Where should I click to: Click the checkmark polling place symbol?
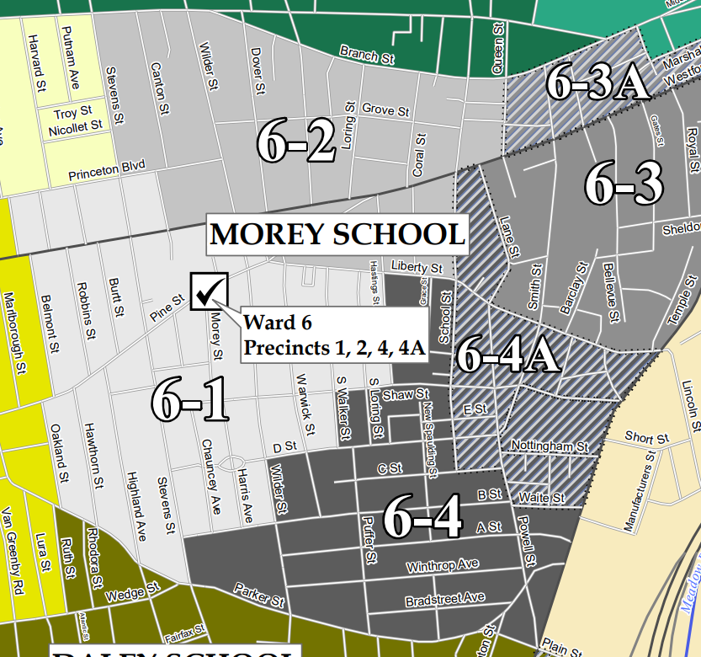point(210,291)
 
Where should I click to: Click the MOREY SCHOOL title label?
point(337,234)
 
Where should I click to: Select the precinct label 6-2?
point(296,144)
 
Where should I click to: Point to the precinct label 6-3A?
point(598,83)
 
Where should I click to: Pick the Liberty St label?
point(414,267)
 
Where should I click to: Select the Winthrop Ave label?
point(442,564)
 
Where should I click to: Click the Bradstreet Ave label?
point(445,599)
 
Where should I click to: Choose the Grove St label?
point(385,110)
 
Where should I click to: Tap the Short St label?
point(647,438)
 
